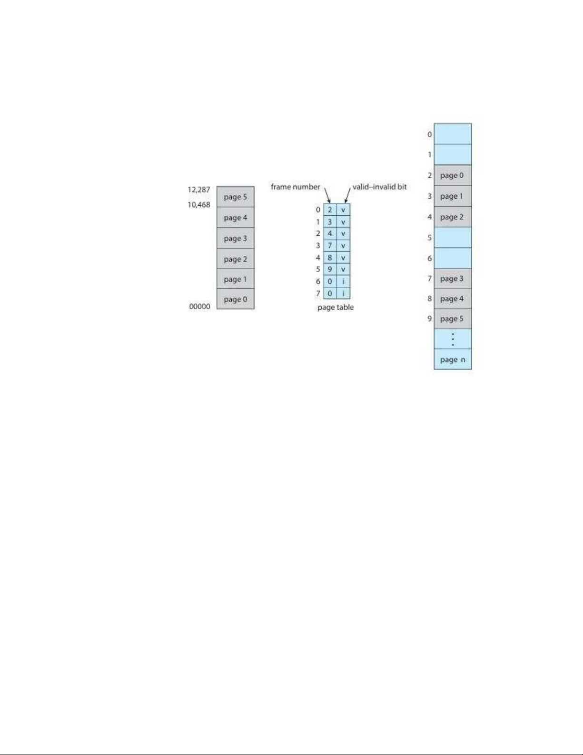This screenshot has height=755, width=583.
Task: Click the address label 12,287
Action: tap(198, 190)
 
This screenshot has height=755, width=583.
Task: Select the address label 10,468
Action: tap(198, 205)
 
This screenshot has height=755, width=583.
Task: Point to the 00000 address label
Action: tap(199, 306)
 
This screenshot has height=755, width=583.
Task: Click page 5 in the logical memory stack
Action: tap(235, 197)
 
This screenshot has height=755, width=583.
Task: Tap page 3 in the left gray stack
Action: tap(235, 238)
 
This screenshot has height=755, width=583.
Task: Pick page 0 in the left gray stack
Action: tap(235, 299)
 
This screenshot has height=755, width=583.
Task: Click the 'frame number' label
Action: tap(295, 187)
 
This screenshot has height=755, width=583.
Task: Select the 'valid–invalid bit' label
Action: tap(379, 187)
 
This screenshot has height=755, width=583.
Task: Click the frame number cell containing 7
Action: tap(330, 246)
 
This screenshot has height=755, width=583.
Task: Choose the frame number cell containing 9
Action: tap(330, 270)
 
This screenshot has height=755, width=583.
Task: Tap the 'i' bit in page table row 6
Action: tap(343, 282)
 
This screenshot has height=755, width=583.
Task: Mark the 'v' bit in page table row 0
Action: tap(343, 210)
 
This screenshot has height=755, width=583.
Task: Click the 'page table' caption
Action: tap(336, 308)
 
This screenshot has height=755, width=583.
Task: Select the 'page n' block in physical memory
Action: tap(453, 360)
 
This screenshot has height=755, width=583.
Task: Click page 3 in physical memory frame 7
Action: tap(453, 279)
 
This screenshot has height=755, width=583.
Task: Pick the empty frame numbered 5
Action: tap(453, 237)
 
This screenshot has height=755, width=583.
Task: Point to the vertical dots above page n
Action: tap(453, 339)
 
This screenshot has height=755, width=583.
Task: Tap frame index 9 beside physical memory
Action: tap(429, 319)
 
